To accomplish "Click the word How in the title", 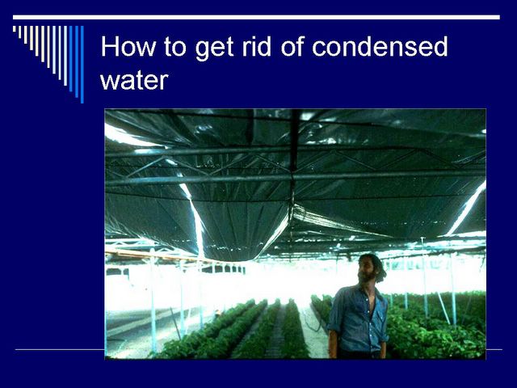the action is click(x=128, y=47).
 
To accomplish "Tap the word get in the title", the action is click(x=214, y=49).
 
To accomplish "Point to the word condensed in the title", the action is click(x=380, y=46).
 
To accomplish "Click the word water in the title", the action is click(x=134, y=80).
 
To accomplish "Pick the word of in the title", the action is click(x=292, y=46).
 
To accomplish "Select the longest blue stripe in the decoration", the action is click(x=82, y=65).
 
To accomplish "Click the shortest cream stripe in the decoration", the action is click(x=15, y=29).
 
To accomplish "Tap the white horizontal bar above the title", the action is click(x=256, y=17).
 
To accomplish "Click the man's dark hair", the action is click(x=376, y=264).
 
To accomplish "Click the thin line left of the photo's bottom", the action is click(x=60, y=349).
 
